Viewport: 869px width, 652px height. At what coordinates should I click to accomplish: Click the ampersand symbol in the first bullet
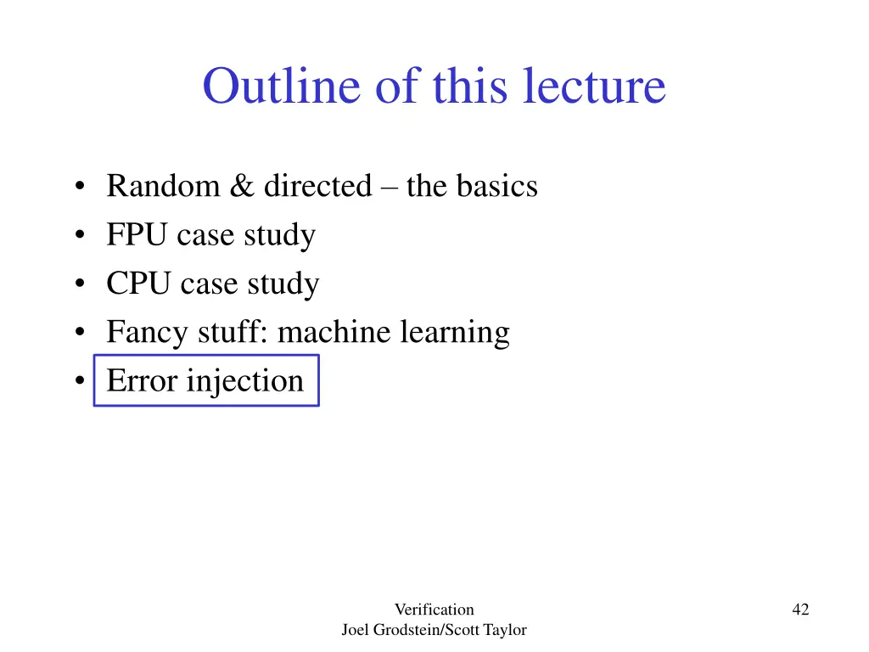[241, 186]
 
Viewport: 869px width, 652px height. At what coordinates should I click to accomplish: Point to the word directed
[317, 186]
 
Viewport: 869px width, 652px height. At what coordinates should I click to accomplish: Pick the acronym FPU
[137, 235]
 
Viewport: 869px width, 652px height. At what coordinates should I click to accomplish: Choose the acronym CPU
[137, 284]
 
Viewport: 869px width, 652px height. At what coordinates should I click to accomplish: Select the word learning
[456, 333]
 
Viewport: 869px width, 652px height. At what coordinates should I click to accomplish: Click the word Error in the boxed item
[142, 381]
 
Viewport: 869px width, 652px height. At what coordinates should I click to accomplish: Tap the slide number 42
[800, 610]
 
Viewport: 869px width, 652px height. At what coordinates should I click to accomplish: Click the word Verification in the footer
[434, 610]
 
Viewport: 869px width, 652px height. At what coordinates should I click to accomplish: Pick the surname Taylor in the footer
[506, 630]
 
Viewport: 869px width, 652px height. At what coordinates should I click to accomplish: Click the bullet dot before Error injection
[79, 382]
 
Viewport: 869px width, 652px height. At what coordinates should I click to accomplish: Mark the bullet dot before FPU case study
[79, 236]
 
